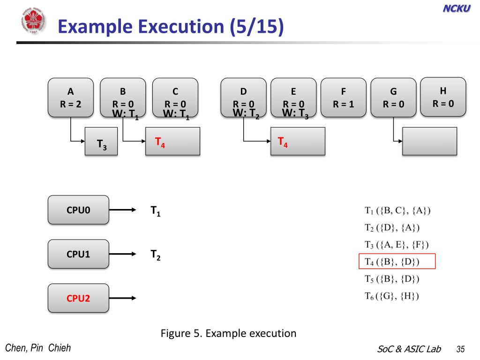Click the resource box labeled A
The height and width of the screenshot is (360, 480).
tap(71, 97)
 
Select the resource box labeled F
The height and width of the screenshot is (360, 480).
tap(344, 97)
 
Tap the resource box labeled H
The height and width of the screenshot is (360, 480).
tap(443, 97)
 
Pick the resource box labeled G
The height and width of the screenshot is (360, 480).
tap(393, 97)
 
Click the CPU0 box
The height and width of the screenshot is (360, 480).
tap(78, 210)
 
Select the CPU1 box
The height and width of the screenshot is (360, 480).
tap(78, 254)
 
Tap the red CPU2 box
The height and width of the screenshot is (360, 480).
tap(78, 298)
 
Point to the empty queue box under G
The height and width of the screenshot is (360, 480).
tap(430, 141)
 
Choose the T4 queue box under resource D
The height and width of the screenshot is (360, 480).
tap(298, 141)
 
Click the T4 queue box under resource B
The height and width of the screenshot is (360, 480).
tap(173, 141)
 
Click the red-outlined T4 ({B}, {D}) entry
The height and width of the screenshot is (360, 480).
tap(397, 262)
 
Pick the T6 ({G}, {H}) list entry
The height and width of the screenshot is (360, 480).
tap(392, 296)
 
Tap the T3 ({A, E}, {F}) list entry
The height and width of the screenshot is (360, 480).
tap(397, 244)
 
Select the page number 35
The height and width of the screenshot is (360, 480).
tap(460, 349)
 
